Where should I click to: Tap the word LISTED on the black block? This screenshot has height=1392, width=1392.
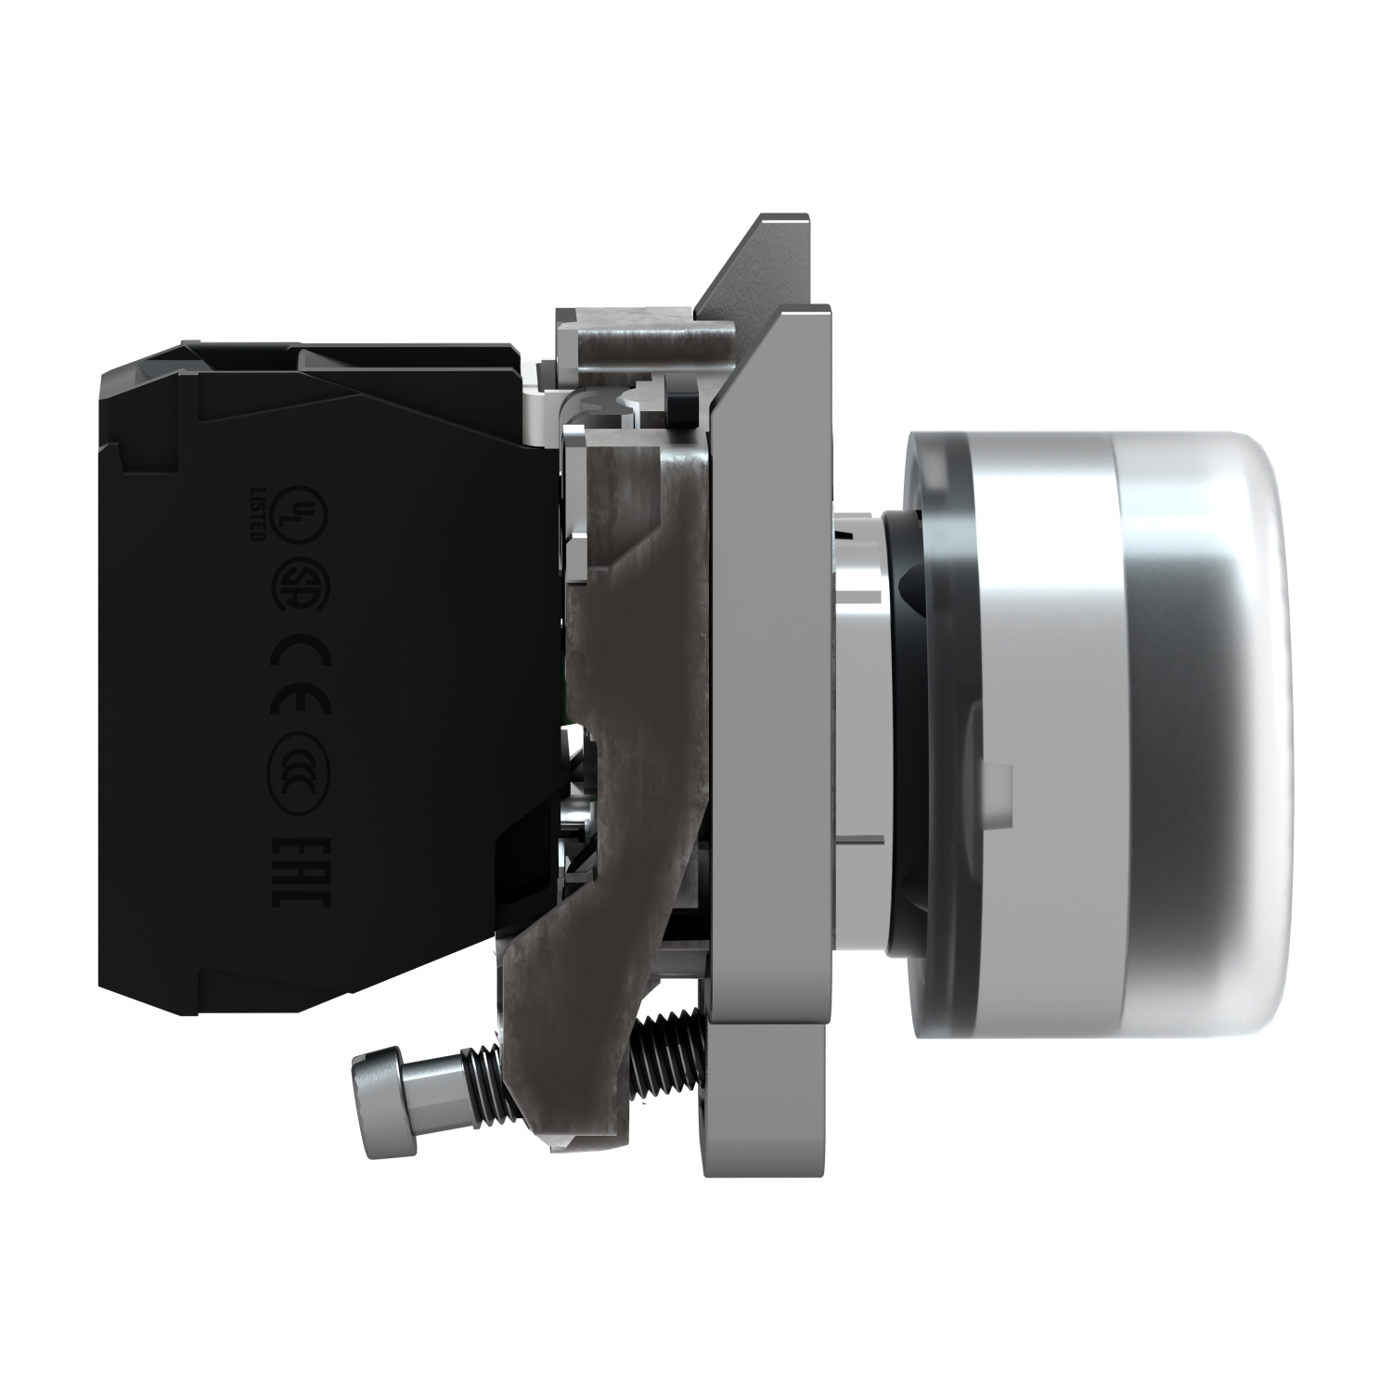pos(262,512)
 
